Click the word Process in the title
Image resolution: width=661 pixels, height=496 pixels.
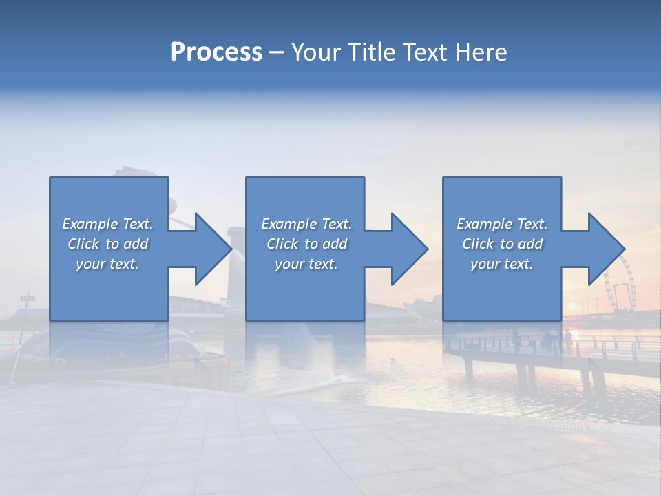point(216,52)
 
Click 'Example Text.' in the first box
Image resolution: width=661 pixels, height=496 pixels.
point(107,224)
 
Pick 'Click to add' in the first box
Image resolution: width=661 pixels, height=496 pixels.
point(107,244)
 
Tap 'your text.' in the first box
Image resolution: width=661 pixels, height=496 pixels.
point(107,264)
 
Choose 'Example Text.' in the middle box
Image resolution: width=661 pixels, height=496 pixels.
point(306,224)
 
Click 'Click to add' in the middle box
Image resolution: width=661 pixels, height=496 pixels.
point(306,244)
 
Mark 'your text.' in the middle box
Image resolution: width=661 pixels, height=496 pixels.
point(306,264)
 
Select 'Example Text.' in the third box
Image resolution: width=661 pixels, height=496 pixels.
point(502,224)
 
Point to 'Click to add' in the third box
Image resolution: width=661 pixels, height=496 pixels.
point(502,244)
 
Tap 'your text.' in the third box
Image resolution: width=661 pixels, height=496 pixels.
point(502,264)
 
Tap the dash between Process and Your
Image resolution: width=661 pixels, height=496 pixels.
point(277,53)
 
